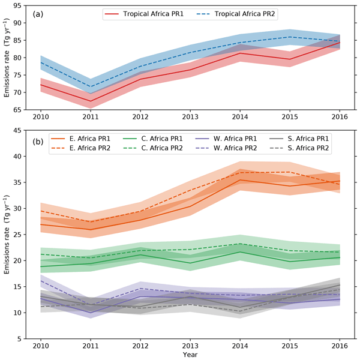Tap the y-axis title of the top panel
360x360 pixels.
[x=7, y=59]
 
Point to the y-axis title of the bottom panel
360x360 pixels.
[x=7, y=235]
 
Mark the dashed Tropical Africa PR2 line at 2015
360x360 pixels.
[x=289, y=37]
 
